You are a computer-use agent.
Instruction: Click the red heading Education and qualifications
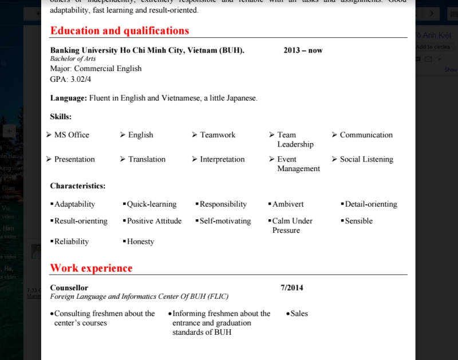pos(119,30)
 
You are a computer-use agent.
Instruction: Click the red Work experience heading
pos(91,268)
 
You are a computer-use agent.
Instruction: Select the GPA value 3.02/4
pos(80,79)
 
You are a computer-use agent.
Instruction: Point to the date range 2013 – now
pos(303,50)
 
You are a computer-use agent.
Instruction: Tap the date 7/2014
pos(292,287)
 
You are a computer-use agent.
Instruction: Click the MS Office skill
pos(72,135)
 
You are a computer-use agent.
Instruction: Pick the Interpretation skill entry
pos(222,159)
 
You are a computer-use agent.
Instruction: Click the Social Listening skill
pos(366,159)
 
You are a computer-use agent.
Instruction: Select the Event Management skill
pos(298,164)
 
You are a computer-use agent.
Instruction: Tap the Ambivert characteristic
pos(288,204)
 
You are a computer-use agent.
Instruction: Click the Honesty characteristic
pos(140,242)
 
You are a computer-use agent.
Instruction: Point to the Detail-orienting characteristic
pos(371,204)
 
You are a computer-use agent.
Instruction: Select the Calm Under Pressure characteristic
pos(292,226)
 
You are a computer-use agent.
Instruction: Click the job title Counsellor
pos(69,287)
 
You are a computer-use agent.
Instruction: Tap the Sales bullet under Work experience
pos(299,314)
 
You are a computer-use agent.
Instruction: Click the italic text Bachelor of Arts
pos(73,59)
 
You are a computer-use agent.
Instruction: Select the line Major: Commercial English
pos(96,69)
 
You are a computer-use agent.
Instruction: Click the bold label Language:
pos(69,98)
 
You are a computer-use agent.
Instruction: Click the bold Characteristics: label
pos(78,186)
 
